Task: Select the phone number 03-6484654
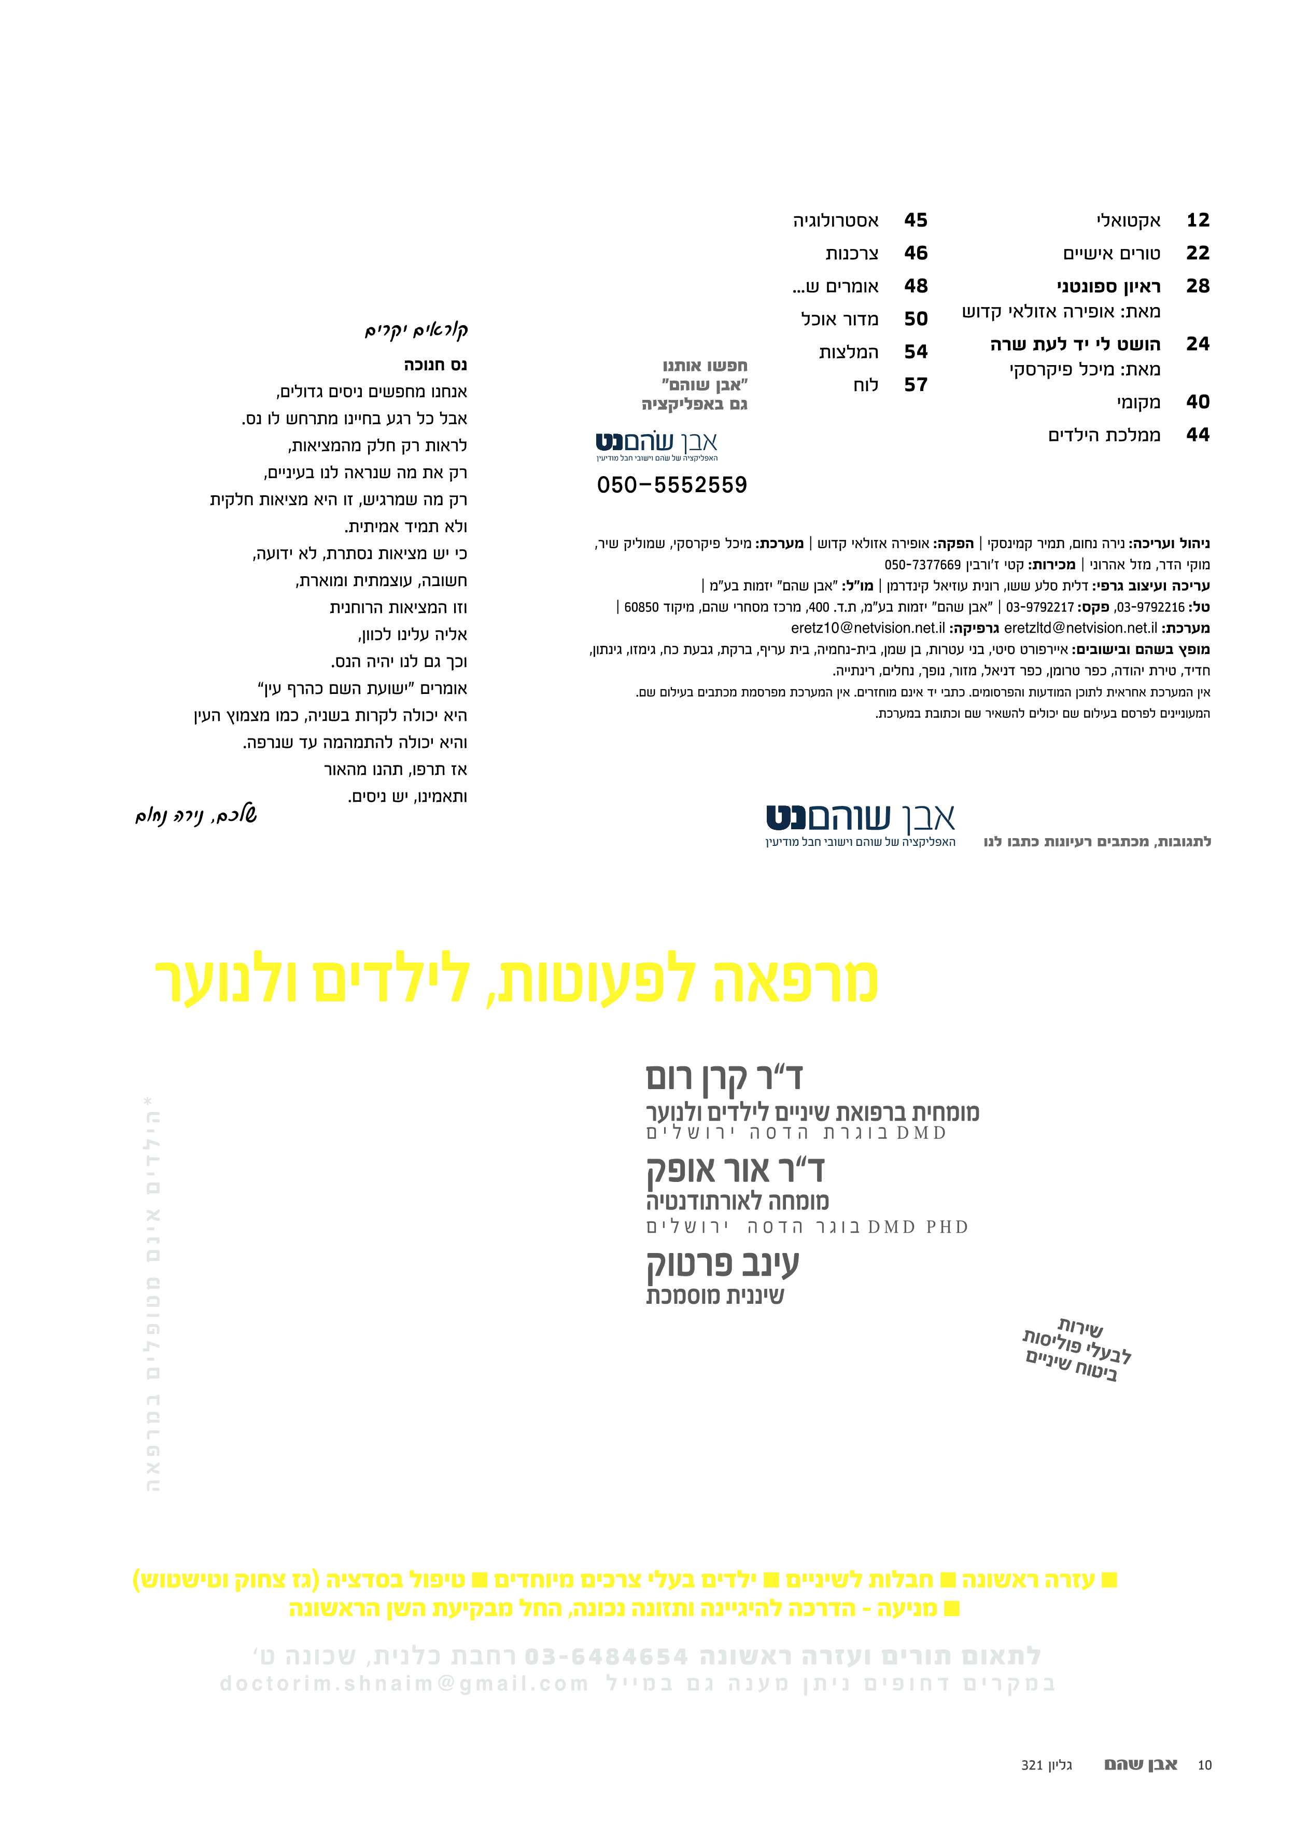click(606, 1656)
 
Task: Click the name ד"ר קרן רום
click(724, 1077)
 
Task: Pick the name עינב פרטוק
click(722, 1263)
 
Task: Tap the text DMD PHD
click(918, 1227)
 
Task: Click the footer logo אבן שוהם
click(1140, 1765)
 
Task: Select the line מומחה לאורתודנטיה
click(737, 1201)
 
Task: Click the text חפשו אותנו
click(705, 366)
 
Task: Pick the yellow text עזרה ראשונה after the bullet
click(1028, 1579)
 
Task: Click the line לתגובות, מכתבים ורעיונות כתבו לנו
click(1096, 842)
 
